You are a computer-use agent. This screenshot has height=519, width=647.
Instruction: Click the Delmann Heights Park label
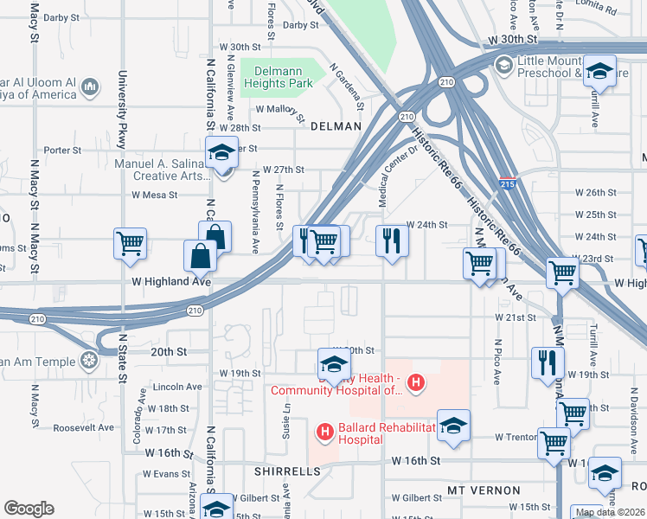click(x=277, y=77)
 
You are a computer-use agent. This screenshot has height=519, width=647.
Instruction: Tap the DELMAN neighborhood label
click(x=335, y=126)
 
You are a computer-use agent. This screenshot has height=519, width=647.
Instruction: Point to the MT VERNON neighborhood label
click(x=484, y=490)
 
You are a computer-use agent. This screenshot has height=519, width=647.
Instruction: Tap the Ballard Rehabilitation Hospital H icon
click(x=324, y=431)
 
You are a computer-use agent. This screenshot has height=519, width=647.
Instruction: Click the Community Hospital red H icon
click(x=416, y=381)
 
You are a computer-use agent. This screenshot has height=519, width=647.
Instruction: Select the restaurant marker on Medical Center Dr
click(x=392, y=240)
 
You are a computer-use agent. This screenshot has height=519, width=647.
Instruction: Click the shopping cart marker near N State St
click(x=130, y=242)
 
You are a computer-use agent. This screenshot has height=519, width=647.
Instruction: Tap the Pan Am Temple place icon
click(x=87, y=360)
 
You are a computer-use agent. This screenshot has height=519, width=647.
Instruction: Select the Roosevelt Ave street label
click(x=83, y=427)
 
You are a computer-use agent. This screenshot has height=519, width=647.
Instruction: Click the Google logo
click(x=29, y=509)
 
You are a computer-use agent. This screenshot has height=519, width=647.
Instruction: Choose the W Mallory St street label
click(x=281, y=111)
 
